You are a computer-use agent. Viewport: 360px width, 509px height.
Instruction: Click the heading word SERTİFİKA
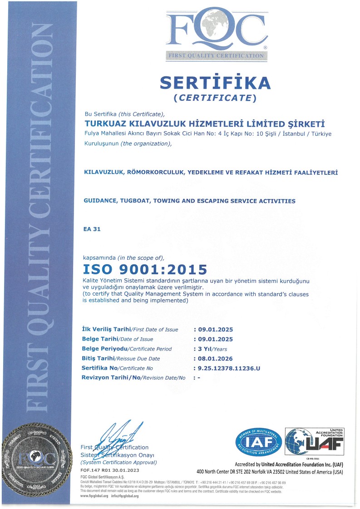tap(215, 82)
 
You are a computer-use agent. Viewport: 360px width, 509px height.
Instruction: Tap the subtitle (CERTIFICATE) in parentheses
tap(215, 97)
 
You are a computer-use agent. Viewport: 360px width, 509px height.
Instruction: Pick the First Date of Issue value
tap(213, 329)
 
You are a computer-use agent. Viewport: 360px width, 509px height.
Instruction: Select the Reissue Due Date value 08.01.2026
tap(213, 359)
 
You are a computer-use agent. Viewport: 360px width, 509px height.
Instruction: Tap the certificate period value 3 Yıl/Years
tap(210, 349)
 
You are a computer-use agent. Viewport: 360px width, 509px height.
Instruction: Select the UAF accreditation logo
tap(314, 441)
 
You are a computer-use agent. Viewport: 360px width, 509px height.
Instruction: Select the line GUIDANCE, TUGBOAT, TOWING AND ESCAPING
tap(189, 201)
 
